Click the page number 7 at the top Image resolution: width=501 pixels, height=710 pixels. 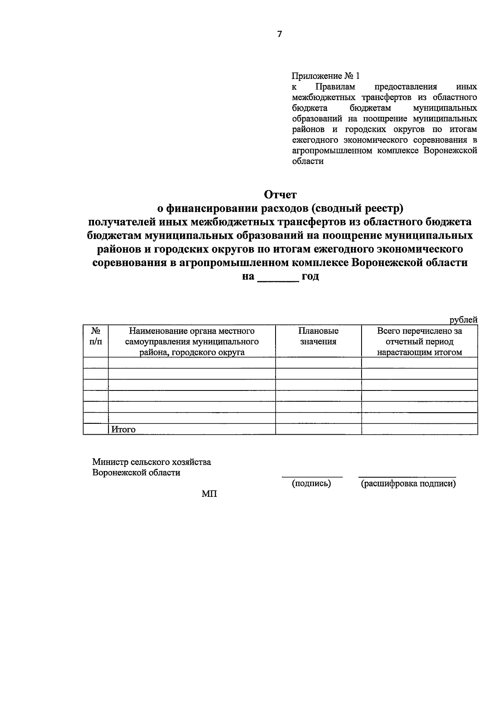click(279, 34)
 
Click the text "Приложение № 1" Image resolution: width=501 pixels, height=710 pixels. click(325, 76)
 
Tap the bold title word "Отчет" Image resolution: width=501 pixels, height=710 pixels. click(280, 194)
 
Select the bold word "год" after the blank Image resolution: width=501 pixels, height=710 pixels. click(310, 276)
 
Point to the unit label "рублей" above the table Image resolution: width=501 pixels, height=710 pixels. click(463, 320)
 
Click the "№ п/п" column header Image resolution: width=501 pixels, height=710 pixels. click(96, 336)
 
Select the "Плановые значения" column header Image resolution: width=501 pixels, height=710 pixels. click(318, 336)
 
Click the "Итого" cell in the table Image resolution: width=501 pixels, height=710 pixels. click(123, 429)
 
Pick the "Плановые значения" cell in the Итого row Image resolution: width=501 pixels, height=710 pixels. click(318, 429)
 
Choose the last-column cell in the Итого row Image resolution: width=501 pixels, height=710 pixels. click(419, 429)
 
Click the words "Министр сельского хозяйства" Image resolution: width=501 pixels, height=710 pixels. click(152, 462)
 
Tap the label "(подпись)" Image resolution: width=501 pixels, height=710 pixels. click(311, 483)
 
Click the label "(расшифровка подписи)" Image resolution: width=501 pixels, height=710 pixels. click(408, 483)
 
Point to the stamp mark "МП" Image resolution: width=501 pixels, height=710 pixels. click(209, 494)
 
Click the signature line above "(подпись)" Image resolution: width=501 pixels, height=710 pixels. click(312, 476)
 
